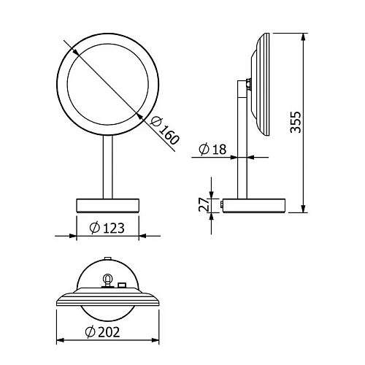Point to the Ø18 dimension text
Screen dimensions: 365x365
[x=213, y=150]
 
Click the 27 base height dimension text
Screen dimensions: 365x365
[x=204, y=204]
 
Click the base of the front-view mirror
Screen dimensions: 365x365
[x=107, y=203]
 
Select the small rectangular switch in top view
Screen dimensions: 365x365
[x=123, y=285]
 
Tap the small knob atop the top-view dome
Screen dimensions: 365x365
[x=108, y=258]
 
